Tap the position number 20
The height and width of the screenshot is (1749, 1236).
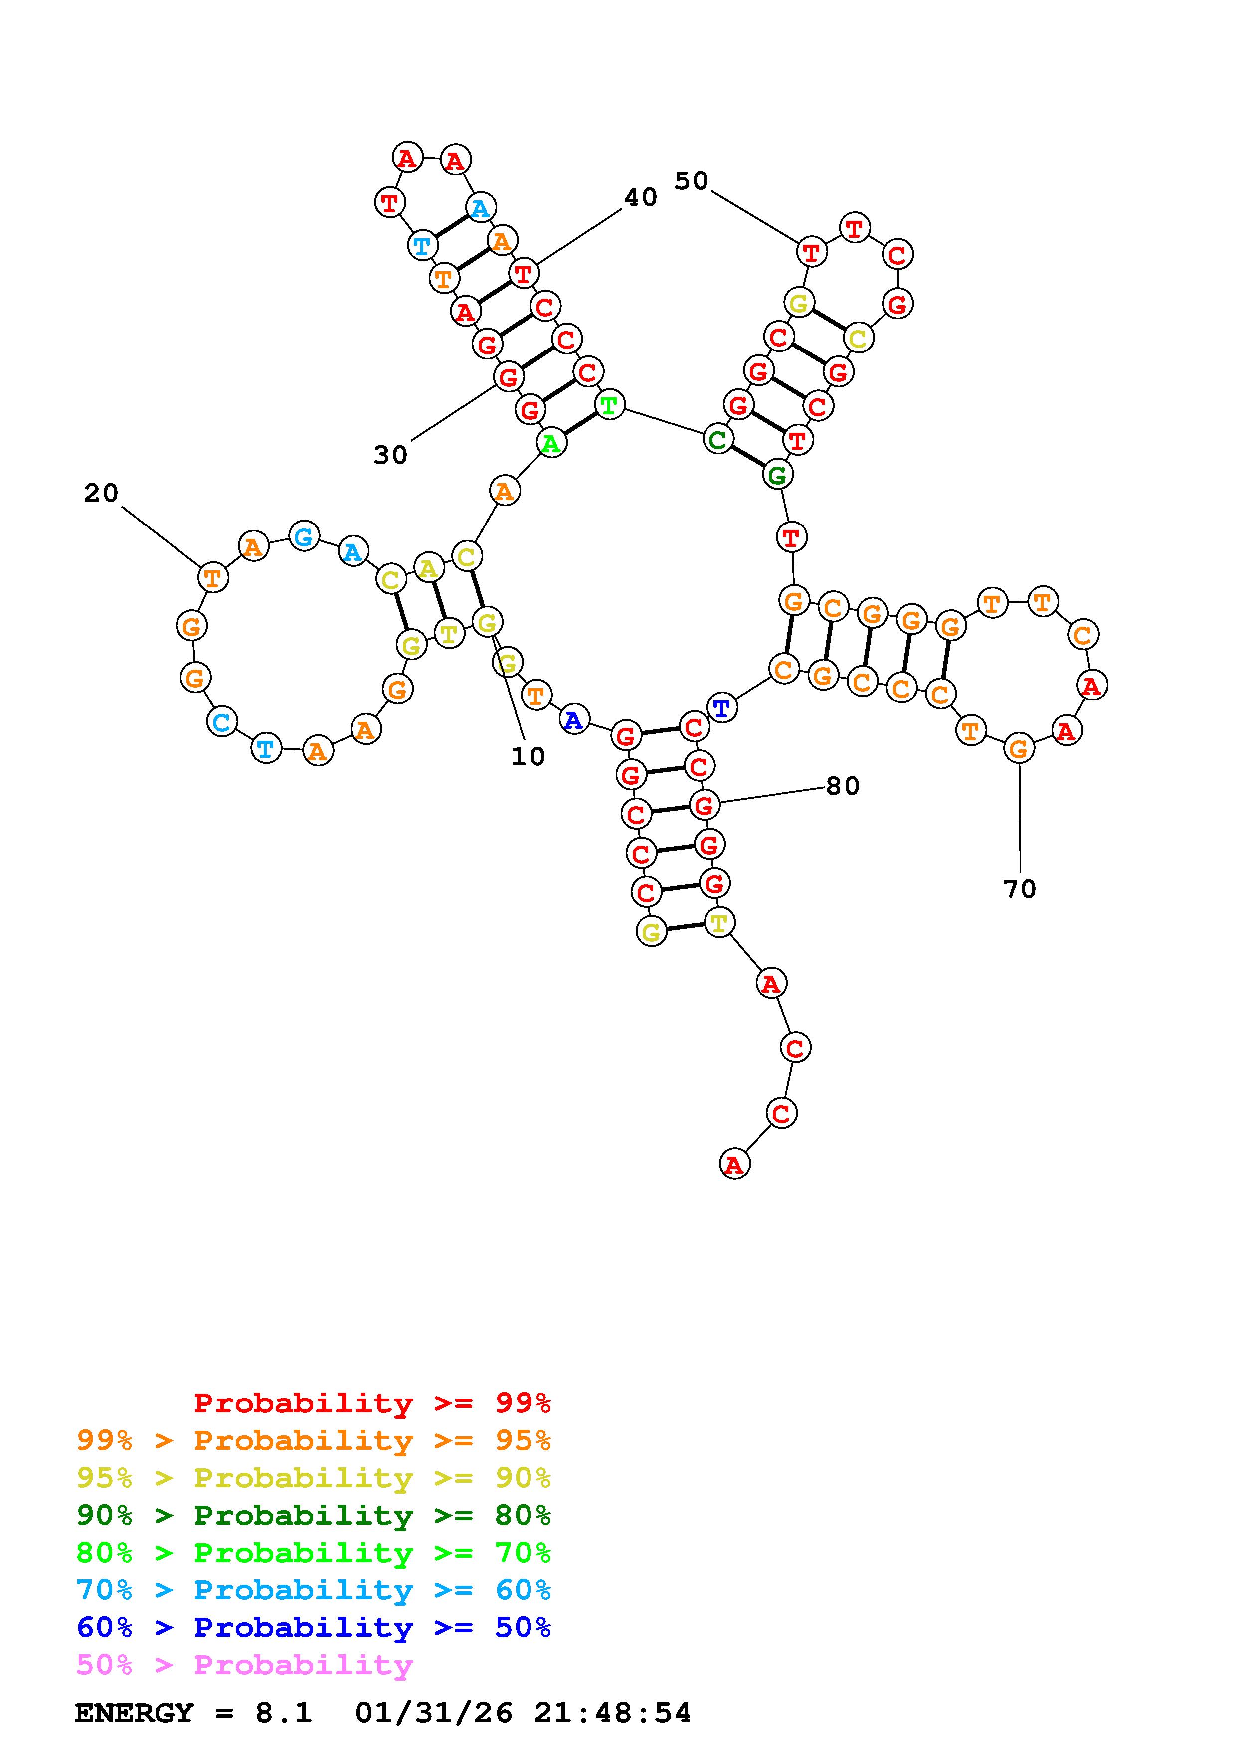pos(101,493)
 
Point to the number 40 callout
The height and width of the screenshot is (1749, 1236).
pos(641,197)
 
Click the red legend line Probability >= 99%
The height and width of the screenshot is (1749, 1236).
pos(372,1402)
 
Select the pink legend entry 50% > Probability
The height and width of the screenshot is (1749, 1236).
pos(244,1664)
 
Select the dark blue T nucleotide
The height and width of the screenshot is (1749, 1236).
pos(721,707)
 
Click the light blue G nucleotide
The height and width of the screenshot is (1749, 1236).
pos(304,536)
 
